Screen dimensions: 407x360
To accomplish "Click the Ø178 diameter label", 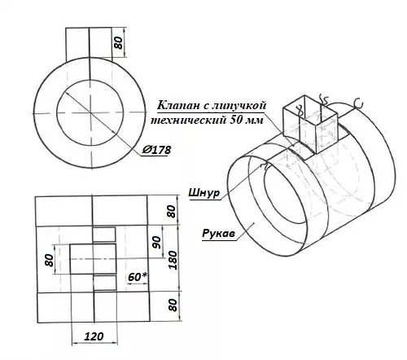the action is (156, 150).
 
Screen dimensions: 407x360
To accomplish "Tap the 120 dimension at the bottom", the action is (94, 336).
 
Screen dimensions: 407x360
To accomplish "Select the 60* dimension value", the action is (138, 277).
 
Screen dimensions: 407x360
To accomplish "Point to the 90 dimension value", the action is (156, 243).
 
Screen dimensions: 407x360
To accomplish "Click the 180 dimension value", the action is (173, 260).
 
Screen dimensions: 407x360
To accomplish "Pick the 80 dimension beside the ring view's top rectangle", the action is (118, 42).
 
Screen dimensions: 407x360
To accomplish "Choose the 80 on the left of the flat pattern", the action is (50, 260).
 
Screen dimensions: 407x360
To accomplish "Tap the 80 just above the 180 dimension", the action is (172, 211).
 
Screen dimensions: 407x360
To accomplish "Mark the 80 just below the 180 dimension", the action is (173, 305).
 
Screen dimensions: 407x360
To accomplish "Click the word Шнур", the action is (203, 193).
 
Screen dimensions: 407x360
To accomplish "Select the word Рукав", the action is (218, 233).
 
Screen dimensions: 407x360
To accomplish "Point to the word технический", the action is (188, 120).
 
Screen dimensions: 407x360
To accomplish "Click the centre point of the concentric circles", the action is (90, 112).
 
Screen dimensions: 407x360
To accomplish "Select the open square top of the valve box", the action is (310, 108).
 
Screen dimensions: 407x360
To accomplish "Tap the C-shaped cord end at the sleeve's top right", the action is (359, 104).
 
